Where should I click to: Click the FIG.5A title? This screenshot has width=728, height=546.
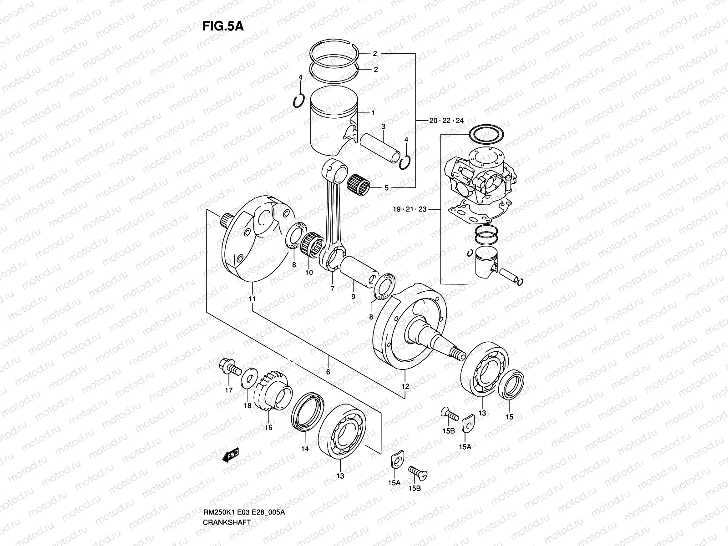(223, 26)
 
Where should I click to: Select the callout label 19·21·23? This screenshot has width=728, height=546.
(410, 209)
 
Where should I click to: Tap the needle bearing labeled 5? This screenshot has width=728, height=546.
(359, 183)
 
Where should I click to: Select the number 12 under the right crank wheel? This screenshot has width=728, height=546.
(405, 387)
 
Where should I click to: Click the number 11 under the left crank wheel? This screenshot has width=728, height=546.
(252, 299)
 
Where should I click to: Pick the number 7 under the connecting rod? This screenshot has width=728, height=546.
(332, 288)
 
